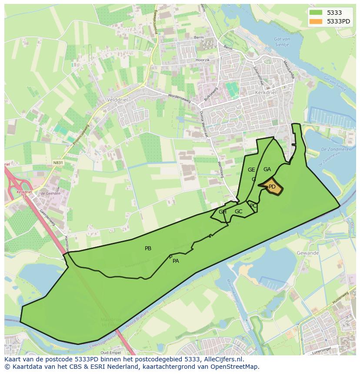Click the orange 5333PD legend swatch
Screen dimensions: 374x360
pos(316,21)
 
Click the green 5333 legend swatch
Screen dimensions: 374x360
pos(316,13)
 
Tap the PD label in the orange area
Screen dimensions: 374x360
pos(272,187)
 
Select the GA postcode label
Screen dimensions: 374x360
pos(267,169)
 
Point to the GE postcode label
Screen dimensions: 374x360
pos(251,170)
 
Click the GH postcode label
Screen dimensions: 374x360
pos(223,212)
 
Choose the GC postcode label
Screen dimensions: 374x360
pos(238,212)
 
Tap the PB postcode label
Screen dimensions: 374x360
pos(148,248)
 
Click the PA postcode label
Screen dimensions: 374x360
pos(176,261)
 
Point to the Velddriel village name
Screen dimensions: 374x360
pos(117,99)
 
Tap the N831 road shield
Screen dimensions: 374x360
pos(57,163)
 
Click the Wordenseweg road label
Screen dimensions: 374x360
pos(179,96)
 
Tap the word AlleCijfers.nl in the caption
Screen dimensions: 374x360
pos(222,359)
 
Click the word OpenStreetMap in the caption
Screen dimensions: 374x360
pos(238,367)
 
